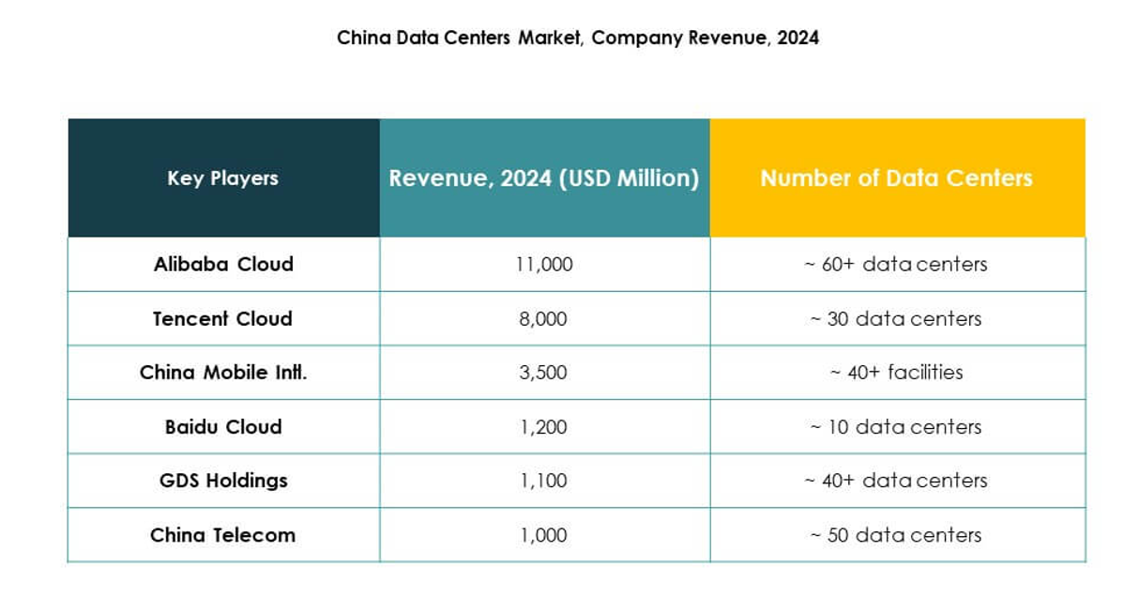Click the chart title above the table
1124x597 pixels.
578,38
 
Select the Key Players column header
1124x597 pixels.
223,178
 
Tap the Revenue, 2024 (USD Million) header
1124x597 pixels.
544,178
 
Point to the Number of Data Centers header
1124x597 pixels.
896,178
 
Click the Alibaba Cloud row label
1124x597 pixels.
223,265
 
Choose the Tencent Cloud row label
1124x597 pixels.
223,319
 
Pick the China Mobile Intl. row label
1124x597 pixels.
223,373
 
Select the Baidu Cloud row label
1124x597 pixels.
223,427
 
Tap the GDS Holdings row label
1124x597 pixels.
223,481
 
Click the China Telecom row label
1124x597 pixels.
223,535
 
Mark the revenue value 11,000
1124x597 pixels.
544,265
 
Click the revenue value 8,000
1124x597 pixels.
544,319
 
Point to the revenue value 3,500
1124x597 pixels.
544,373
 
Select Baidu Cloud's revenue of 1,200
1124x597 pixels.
544,427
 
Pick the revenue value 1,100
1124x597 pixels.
544,481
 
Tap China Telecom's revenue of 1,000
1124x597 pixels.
544,535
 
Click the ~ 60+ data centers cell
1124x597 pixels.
896,265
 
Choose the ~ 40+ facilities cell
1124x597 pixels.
896,373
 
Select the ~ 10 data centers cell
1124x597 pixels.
896,427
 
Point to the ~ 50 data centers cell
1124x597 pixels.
896,535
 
